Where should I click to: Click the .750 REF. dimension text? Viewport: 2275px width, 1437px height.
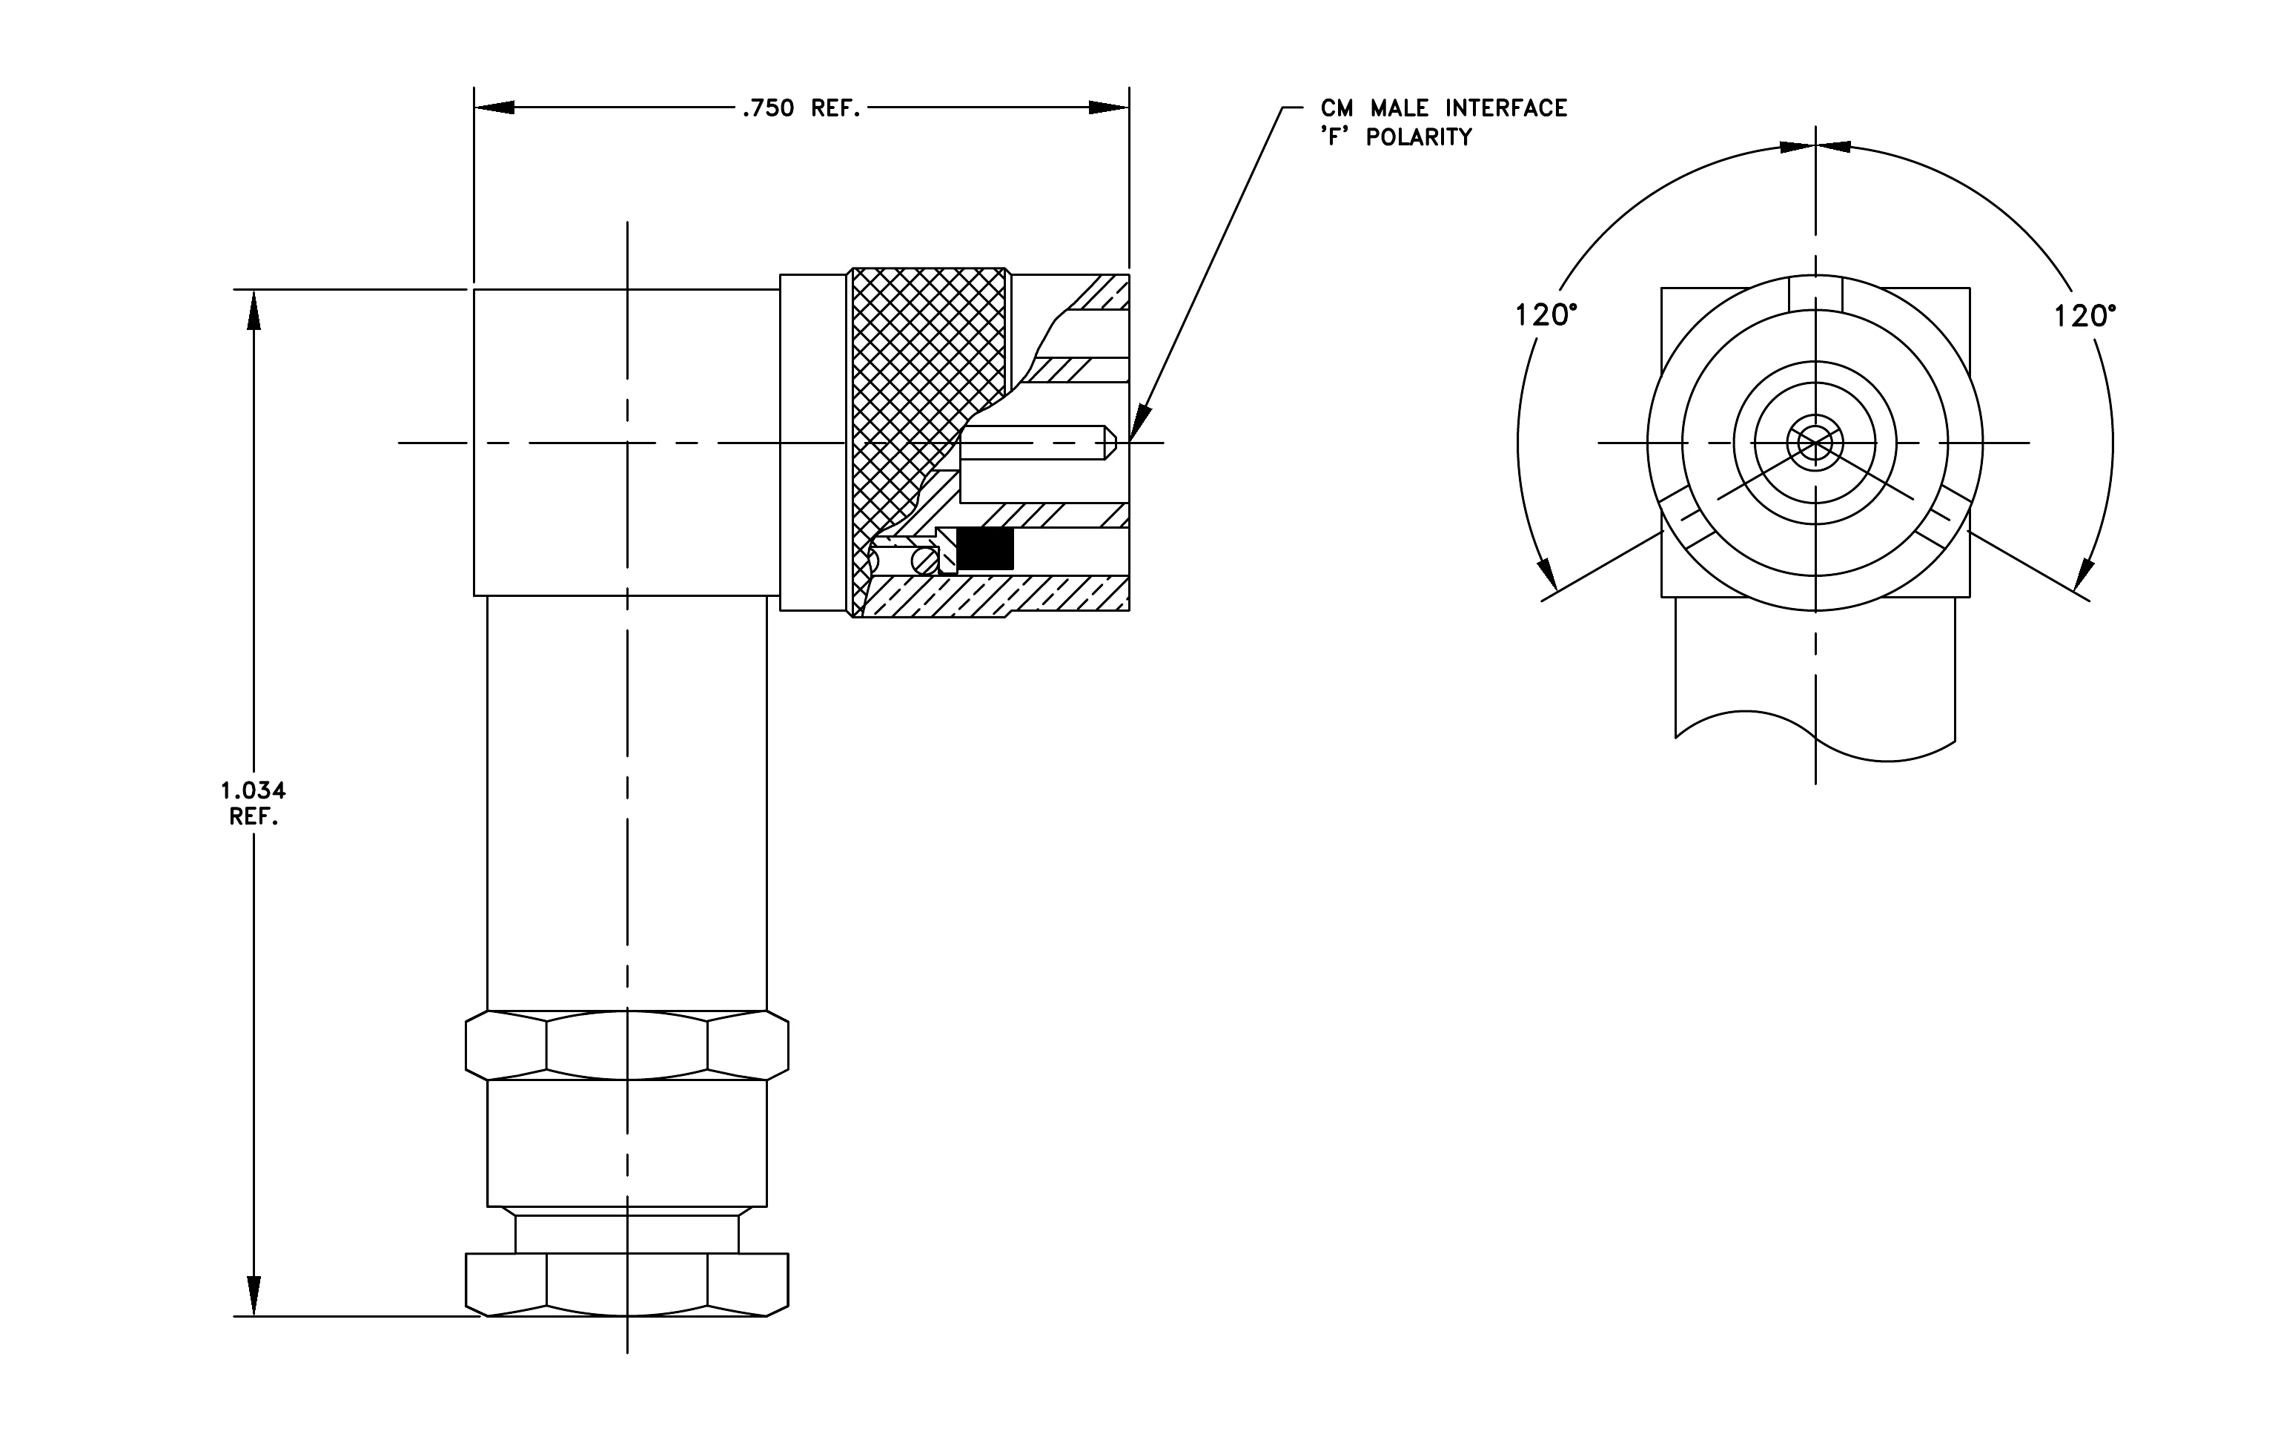pyautogui.click(x=801, y=109)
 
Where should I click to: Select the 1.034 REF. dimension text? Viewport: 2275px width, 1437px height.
pyautogui.click(x=254, y=803)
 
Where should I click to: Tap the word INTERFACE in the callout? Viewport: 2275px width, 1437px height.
pyautogui.click(x=1506, y=109)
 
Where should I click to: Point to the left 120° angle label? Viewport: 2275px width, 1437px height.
pyautogui.click(x=1546, y=316)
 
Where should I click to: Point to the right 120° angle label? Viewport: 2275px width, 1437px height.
pyautogui.click(x=2085, y=316)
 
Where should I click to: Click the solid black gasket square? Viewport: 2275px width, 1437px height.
pyautogui.click(x=985, y=549)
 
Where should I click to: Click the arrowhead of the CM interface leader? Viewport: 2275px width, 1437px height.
pyautogui.click(x=1139, y=423)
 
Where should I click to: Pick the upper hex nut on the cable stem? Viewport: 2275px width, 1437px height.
pyautogui.click(x=627, y=1045)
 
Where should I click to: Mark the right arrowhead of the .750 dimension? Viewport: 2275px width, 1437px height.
pyautogui.click(x=1109, y=108)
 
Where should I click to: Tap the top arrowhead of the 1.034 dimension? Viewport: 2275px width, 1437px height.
pyautogui.click(x=254, y=310)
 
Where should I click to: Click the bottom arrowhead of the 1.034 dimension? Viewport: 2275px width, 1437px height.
pyautogui.click(x=254, y=1295)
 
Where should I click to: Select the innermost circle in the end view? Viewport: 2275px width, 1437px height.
pyautogui.click(x=1815, y=442)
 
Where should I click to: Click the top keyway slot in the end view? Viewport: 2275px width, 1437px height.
pyautogui.click(x=1815, y=293)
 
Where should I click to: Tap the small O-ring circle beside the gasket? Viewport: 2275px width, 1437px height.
pyautogui.click(x=925, y=561)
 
